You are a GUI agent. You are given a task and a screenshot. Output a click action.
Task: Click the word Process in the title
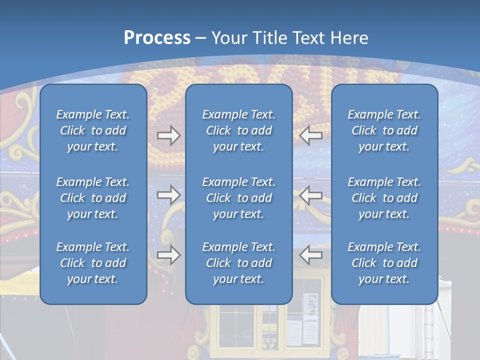click(157, 38)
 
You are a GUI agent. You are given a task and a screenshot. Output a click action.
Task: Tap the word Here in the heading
click(349, 38)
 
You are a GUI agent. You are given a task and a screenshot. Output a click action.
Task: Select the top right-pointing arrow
click(168, 135)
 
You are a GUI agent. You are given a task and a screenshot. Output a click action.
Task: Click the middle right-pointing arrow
click(168, 195)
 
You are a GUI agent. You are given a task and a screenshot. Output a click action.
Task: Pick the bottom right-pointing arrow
click(168, 255)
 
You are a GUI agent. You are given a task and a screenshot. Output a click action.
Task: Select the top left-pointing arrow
click(311, 135)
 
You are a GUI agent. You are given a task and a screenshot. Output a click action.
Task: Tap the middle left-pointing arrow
click(311, 195)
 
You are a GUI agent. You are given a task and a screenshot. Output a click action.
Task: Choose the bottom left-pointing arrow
click(311, 255)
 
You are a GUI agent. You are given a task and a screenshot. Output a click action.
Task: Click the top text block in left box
click(93, 130)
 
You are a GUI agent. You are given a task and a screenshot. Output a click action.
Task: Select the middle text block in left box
click(93, 198)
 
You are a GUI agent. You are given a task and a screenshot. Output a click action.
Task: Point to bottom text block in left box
click(93, 263)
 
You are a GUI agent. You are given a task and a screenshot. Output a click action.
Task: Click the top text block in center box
click(238, 130)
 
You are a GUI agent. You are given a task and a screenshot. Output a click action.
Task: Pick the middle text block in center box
click(238, 198)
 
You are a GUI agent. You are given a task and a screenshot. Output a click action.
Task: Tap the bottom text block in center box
click(238, 263)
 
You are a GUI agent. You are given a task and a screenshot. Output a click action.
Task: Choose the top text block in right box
click(384, 130)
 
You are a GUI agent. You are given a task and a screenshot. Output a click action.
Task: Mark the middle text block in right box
click(384, 198)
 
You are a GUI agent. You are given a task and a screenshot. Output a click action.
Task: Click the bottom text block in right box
click(384, 263)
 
